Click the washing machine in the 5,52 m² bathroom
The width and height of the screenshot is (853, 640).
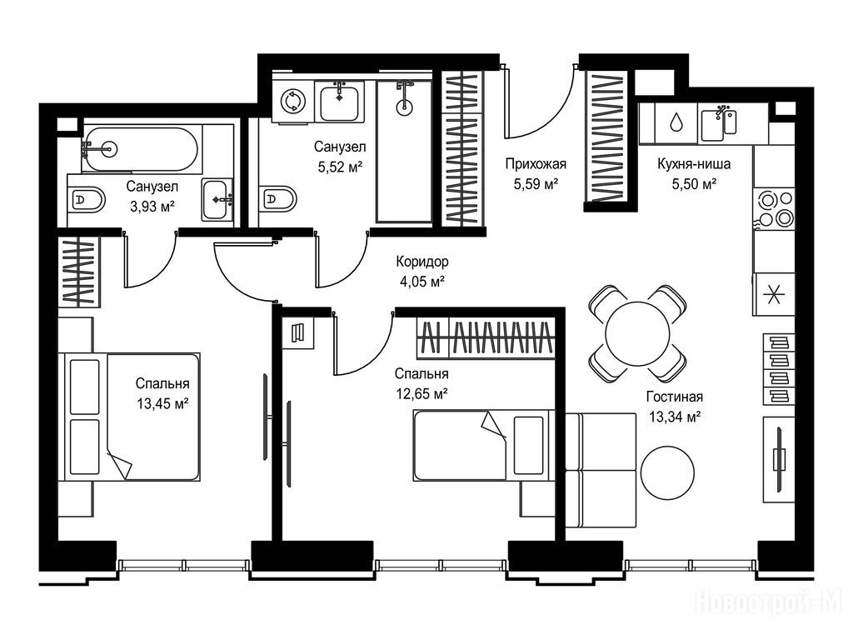point(293,101)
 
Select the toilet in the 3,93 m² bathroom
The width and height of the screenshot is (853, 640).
point(86,200)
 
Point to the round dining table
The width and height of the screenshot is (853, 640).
point(637,332)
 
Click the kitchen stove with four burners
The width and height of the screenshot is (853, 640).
point(774,208)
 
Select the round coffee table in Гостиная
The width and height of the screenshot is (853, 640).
point(667,472)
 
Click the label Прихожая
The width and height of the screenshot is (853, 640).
point(536,164)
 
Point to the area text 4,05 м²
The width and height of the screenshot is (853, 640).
point(422,282)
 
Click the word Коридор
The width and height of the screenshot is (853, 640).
point(422,262)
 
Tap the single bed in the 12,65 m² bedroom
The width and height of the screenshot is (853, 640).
point(483,445)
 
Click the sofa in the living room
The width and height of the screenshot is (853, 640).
point(601,470)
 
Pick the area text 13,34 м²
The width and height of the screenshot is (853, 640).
point(675,417)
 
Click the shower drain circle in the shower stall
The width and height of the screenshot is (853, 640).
point(404,107)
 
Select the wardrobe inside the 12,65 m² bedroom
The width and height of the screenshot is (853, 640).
point(486,338)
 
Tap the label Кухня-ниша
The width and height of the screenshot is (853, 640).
point(694,164)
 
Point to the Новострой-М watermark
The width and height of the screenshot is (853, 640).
point(768,603)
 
